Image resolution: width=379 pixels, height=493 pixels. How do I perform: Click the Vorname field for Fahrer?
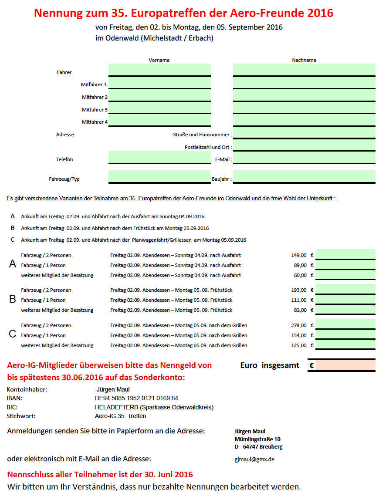tap(159, 69)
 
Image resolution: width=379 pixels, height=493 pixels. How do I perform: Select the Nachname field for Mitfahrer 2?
tap(304, 95)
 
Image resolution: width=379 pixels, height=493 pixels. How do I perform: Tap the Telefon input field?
tap(159, 157)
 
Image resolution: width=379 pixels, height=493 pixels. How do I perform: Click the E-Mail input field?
tap(304, 157)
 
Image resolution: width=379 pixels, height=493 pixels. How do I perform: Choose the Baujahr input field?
tap(304, 176)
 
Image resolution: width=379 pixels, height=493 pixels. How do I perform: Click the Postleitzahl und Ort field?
tap(304, 145)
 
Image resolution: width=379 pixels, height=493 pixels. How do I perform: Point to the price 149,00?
tap(299, 255)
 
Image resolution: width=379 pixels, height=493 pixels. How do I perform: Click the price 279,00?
tap(299, 325)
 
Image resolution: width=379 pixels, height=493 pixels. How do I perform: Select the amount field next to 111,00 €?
tap(345, 299)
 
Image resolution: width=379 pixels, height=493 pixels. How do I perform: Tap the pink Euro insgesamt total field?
tap(345, 365)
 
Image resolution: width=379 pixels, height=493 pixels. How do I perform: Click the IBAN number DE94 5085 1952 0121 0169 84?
tap(136, 398)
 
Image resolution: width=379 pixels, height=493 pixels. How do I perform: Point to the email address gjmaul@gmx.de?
tap(254, 459)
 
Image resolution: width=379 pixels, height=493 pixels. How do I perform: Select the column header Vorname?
tap(159, 60)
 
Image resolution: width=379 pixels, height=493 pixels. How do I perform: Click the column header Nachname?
tap(304, 60)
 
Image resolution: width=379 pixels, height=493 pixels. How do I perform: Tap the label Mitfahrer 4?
tap(95, 122)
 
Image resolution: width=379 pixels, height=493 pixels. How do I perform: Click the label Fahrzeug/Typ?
tap(64, 179)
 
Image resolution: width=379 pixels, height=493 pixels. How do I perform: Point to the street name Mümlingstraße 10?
tap(257, 439)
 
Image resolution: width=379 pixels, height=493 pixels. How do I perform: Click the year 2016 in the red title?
tap(319, 13)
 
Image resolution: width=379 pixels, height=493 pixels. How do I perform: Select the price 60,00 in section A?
tap(300, 275)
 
